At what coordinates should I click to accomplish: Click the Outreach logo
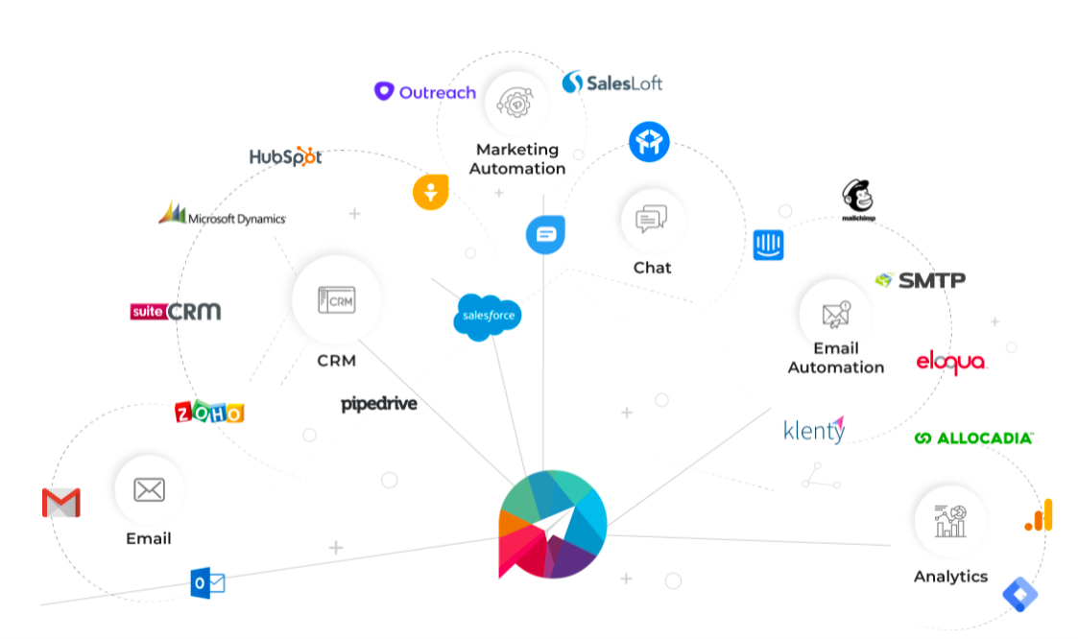tap(424, 92)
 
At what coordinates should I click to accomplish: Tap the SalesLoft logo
tap(612, 83)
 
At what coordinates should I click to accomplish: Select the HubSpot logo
tap(285, 156)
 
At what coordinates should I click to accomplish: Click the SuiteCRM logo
tap(176, 311)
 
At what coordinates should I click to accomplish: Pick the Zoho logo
tap(209, 412)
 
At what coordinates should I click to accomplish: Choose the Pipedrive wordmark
tap(379, 404)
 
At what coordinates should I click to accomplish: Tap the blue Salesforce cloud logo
tap(488, 317)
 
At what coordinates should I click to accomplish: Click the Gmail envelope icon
tap(61, 503)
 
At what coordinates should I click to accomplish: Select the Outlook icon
tap(207, 582)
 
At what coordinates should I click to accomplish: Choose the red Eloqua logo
tap(951, 363)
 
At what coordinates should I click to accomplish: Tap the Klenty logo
tap(814, 430)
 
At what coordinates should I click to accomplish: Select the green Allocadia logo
tap(973, 438)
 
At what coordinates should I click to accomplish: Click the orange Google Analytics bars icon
tap(1040, 515)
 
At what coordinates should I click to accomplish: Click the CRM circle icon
tap(336, 299)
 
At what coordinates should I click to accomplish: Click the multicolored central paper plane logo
tap(552, 524)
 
